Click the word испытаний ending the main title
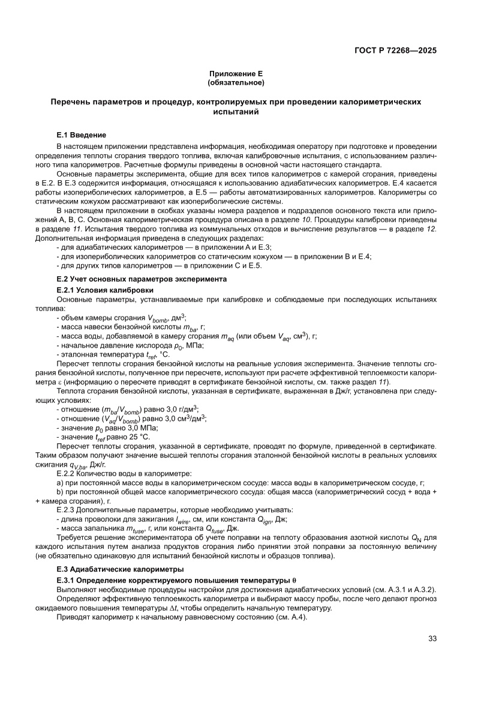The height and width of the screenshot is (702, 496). tap(236, 112)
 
